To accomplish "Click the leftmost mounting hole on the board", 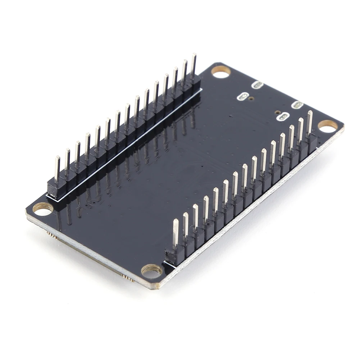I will (x=43, y=209).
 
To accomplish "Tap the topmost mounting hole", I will (x=220, y=72).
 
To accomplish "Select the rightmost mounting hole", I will (x=328, y=126).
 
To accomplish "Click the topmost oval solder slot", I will (x=258, y=85).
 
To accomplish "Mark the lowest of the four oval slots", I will (x=284, y=117).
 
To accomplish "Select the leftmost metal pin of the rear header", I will (x=58, y=168).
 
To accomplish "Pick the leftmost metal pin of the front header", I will (x=176, y=233).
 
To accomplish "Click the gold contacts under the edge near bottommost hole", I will (x=128, y=277).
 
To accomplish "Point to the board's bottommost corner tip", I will (x=156, y=287).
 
